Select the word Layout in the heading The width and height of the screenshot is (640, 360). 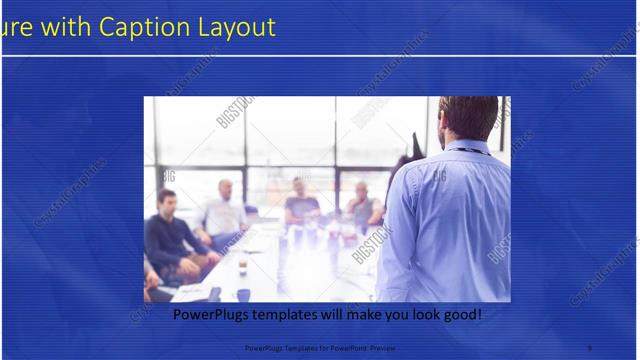point(235,27)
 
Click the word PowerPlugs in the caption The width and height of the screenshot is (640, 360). point(213,315)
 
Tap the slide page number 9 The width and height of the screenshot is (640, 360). point(590,348)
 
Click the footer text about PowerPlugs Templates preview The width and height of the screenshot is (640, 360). point(319,348)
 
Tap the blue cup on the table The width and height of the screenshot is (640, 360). point(243,295)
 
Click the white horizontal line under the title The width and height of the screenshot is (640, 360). point(320,56)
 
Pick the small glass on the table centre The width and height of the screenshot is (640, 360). point(242,266)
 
